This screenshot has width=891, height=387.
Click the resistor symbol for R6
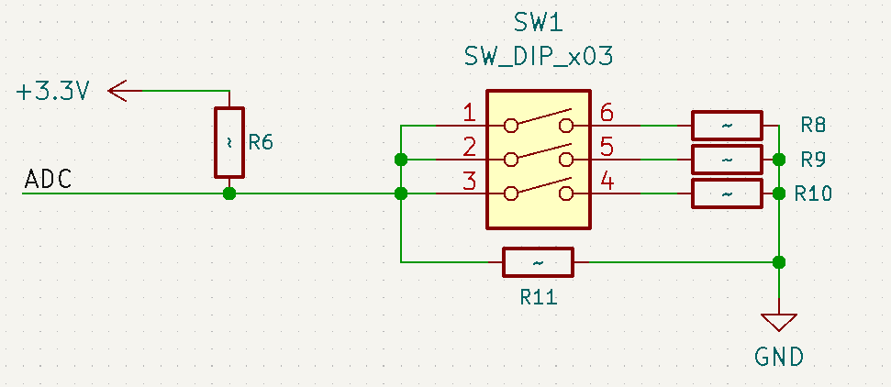tap(229, 142)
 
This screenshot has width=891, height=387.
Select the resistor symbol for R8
tap(727, 125)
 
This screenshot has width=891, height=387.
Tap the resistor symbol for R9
tap(727, 160)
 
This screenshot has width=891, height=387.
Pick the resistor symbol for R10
tap(727, 193)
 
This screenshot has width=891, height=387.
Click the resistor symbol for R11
tap(538, 262)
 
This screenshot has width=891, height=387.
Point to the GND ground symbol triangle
tap(779, 322)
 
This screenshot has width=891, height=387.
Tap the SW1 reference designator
tap(537, 21)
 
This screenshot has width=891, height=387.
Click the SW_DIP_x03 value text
tap(538, 57)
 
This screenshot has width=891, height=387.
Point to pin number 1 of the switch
tap(469, 114)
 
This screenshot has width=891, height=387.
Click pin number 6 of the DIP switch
tap(607, 114)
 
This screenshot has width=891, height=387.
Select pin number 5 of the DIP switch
tap(607, 147)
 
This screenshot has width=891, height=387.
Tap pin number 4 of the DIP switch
tap(607, 182)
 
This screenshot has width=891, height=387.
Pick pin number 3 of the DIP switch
tap(469, 182)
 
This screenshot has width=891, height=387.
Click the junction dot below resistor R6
tap(229, 193)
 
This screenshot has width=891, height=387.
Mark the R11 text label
tap(538, 297)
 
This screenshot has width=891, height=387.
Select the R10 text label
tap(814, 193)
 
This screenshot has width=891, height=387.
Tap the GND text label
tap(779, 356)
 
